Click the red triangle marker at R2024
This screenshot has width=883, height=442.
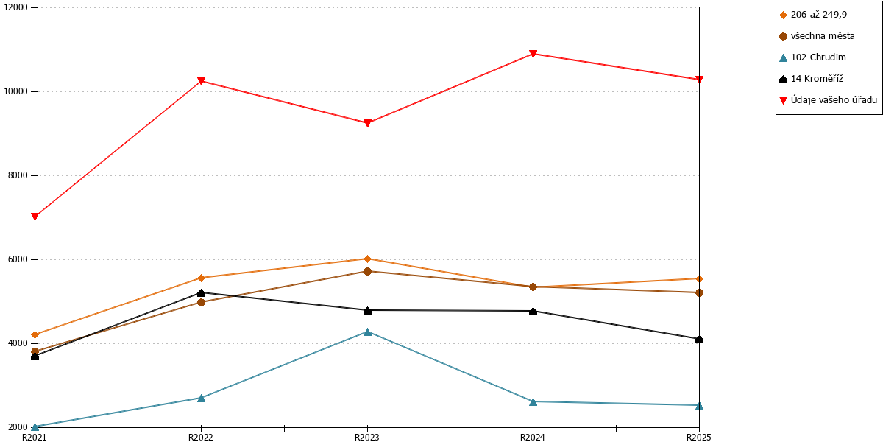point(533,54)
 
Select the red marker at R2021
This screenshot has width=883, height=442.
point(35,217)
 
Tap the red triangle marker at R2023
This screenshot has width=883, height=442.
point(367,123)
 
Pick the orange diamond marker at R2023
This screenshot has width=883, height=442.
point(367,259)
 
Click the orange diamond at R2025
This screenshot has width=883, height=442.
point(699,279)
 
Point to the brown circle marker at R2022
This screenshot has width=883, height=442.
point(201,302)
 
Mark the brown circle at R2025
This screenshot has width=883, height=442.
point(699,293)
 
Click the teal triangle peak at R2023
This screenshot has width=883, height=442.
point(367,332)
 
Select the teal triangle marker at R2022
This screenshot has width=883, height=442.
point(201,398)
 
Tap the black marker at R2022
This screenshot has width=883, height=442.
point(201,293)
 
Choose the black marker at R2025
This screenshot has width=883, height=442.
point(699,340)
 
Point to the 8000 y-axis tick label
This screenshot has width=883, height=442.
point(18,175)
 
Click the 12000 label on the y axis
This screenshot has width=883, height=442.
point(15,7)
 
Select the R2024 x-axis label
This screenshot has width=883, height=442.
point(533,438)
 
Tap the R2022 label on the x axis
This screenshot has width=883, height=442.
point(201,438)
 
